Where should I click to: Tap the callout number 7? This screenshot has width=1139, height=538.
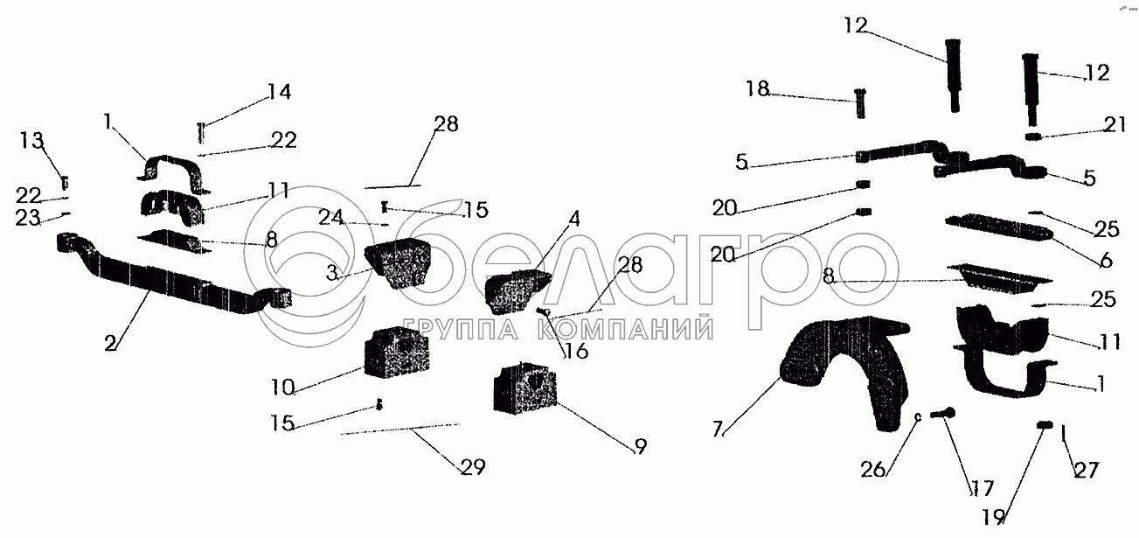(x=718, y=429)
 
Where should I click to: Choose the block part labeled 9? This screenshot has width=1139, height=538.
(x=525, y=388)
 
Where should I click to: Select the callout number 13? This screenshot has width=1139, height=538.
(x=31, y=140)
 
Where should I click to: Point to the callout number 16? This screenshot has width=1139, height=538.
(x=575, y=352)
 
